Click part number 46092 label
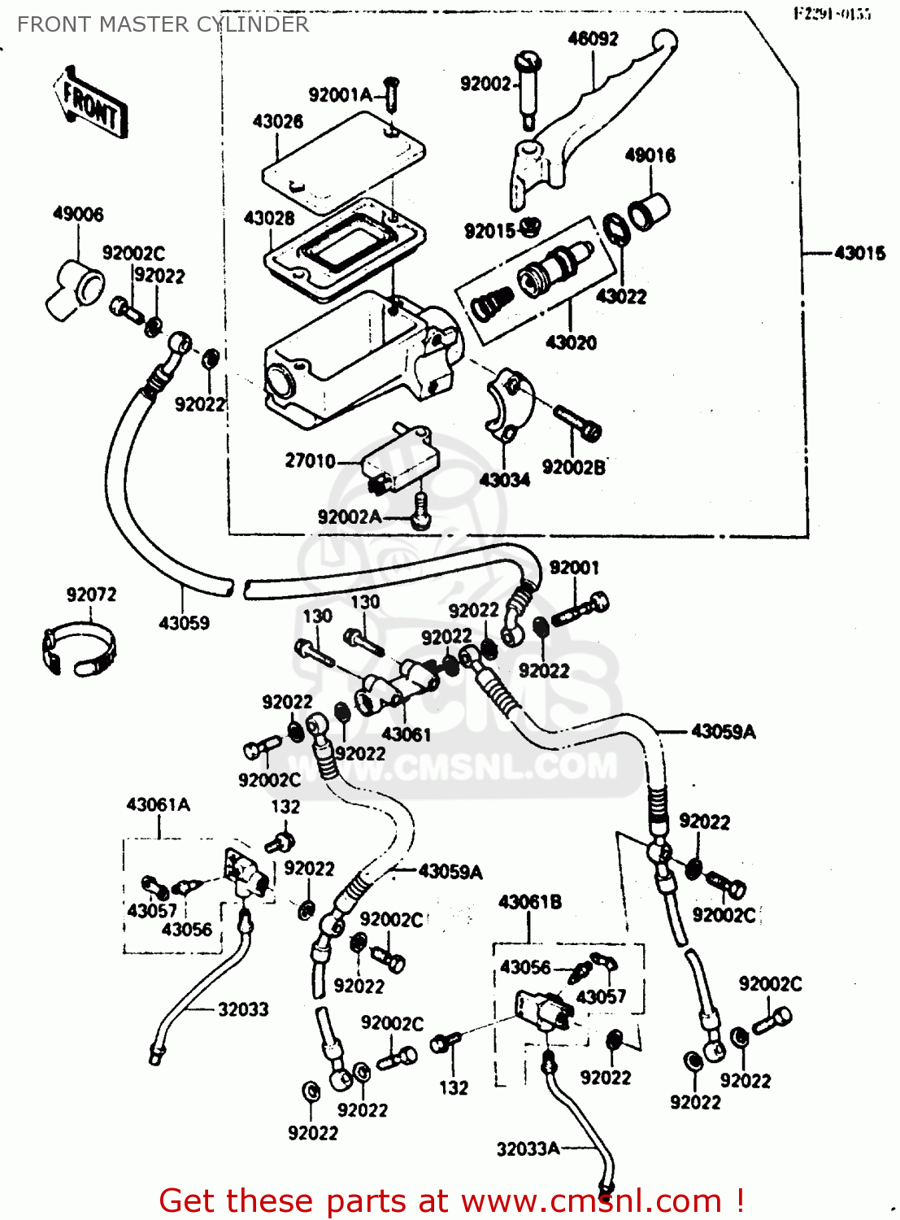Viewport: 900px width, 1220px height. point(593,38)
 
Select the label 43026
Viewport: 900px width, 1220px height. point(278,121)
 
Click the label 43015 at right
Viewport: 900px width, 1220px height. point(860,253)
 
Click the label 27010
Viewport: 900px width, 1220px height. point(310,461)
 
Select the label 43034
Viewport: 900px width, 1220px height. point(504,480)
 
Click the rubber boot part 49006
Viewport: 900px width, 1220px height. point(75,289)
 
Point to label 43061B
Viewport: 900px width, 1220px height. point(529,902)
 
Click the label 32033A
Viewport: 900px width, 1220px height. point(528,1148)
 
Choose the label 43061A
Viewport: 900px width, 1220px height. point(158,804)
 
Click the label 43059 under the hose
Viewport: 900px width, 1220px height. point(184,623)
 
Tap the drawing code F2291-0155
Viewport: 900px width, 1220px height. point(832,14)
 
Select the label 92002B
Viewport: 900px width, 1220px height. point(574,467)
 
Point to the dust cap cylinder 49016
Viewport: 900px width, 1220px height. point(649,211)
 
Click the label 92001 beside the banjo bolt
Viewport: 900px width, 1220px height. point(574,567)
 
